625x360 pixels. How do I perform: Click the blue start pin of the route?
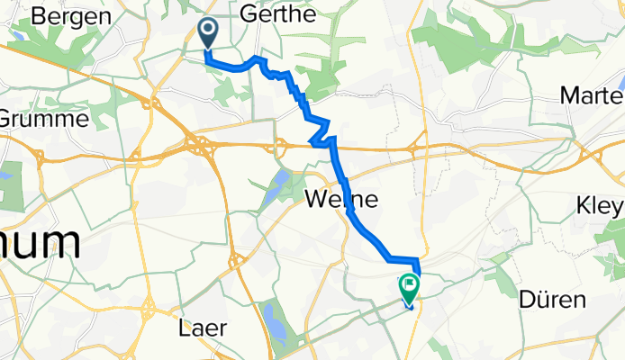(x=207, y=34)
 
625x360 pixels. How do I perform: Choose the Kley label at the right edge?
(x=600, y=206)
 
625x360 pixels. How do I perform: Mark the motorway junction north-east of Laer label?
(x=237, y=261)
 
